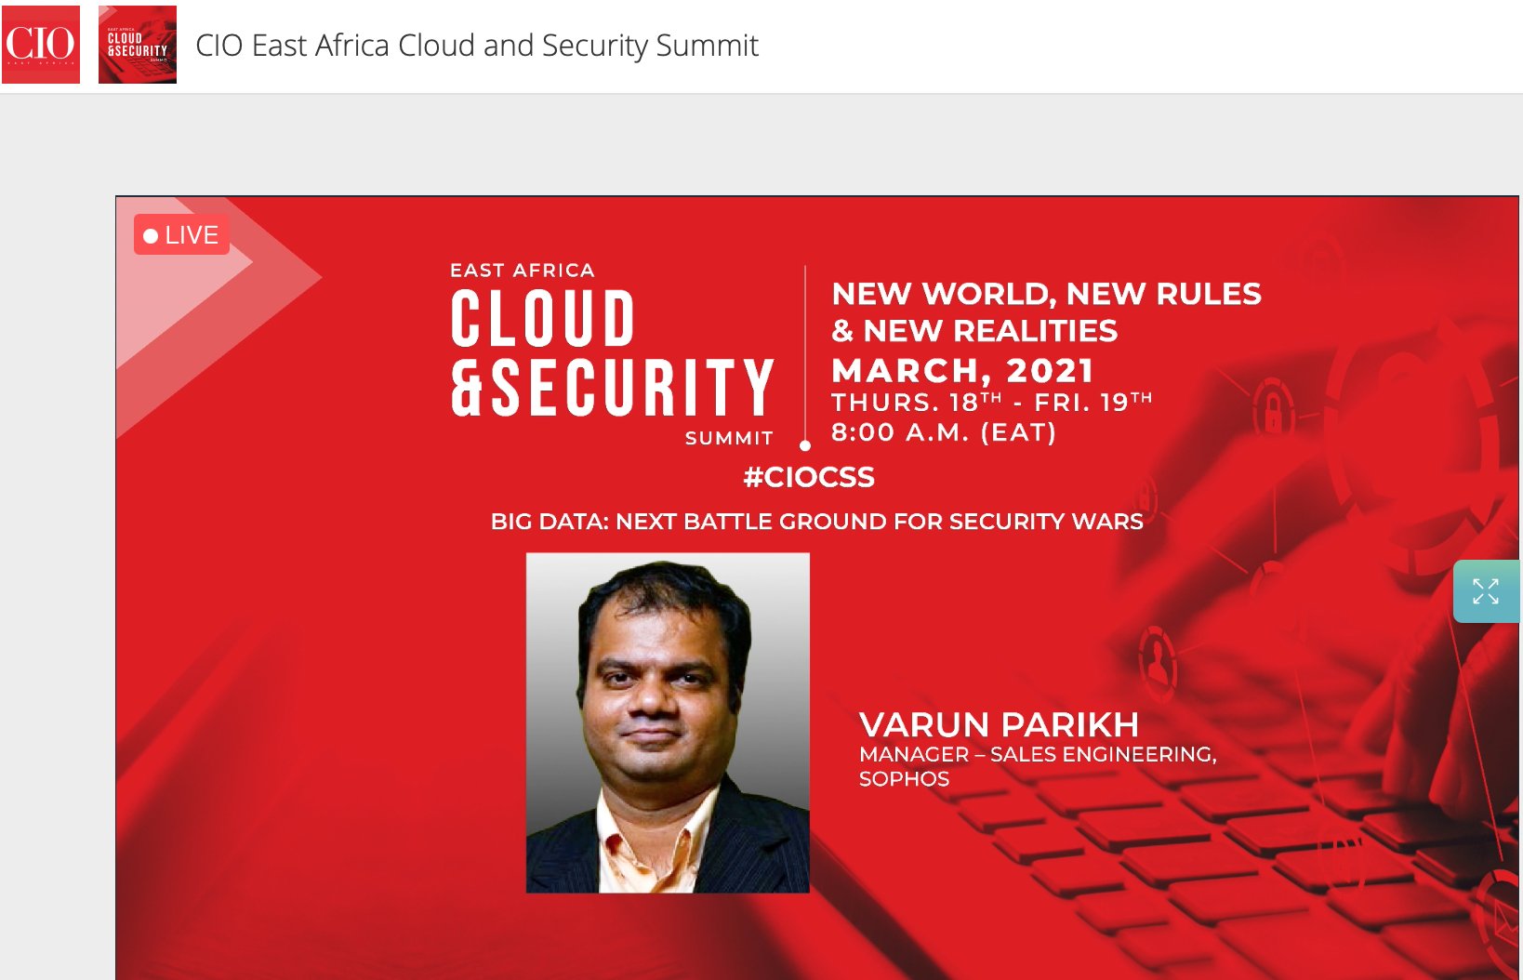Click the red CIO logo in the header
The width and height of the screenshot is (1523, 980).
tap(41, 45)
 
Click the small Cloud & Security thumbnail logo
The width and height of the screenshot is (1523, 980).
tap(138, 45)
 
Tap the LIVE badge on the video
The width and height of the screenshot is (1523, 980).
tap(181, 234)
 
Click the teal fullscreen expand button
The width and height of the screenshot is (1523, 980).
tap(1487, 591)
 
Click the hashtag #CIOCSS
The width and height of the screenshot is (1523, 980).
tap(809, 477)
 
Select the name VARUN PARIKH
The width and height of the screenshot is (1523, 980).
tap(999, 724)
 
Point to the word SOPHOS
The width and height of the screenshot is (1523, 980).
tap(905, 778)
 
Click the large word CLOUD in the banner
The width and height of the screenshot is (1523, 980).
tap(543, 318)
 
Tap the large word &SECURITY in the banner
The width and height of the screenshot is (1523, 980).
tap(613, 387)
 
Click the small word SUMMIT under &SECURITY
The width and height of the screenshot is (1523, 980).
tap(730, 438)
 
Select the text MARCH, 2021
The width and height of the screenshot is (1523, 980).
tap(962, 371)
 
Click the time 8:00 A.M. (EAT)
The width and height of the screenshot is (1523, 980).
tap(944, 431)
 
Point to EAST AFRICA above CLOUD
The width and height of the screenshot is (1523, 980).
tap(523, 271)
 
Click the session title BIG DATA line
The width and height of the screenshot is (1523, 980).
tap(817, 522)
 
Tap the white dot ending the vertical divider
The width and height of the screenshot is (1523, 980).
tap(805, 446)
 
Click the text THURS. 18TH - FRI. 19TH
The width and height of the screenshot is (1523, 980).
tap(992, 402)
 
